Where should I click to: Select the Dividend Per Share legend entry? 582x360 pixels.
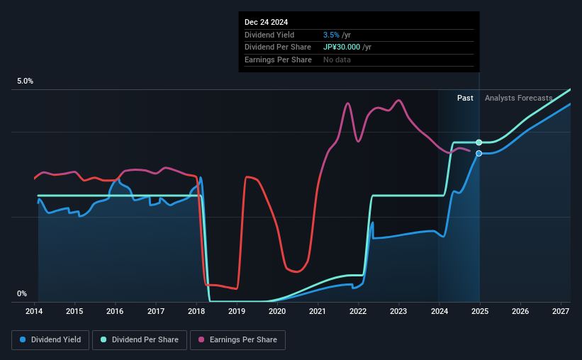click(144, 340)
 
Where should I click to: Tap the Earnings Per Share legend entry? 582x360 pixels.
click(238, 340)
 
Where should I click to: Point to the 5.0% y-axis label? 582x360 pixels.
click(25, 81)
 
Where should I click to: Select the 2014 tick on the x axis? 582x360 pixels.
click(35, 311)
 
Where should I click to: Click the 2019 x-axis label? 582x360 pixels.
click(237, 311)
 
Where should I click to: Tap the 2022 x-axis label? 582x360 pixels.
click(358, 311)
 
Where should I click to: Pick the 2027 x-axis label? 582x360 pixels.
click(561, 311)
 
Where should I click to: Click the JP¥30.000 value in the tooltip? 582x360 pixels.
click(342, 47)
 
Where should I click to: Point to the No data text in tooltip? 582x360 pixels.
click(337, 60)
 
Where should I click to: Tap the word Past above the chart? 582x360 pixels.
click(465, 98)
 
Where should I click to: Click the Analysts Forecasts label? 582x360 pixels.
click(518, 98)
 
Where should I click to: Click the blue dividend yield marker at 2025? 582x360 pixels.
click(479, 153)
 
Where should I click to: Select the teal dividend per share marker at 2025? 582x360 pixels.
click(479, 142)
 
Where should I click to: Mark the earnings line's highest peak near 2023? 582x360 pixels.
click(399, 100)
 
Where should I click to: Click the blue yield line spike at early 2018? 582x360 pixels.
click(201, 178)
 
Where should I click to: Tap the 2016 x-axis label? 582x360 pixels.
click(116, 311)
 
